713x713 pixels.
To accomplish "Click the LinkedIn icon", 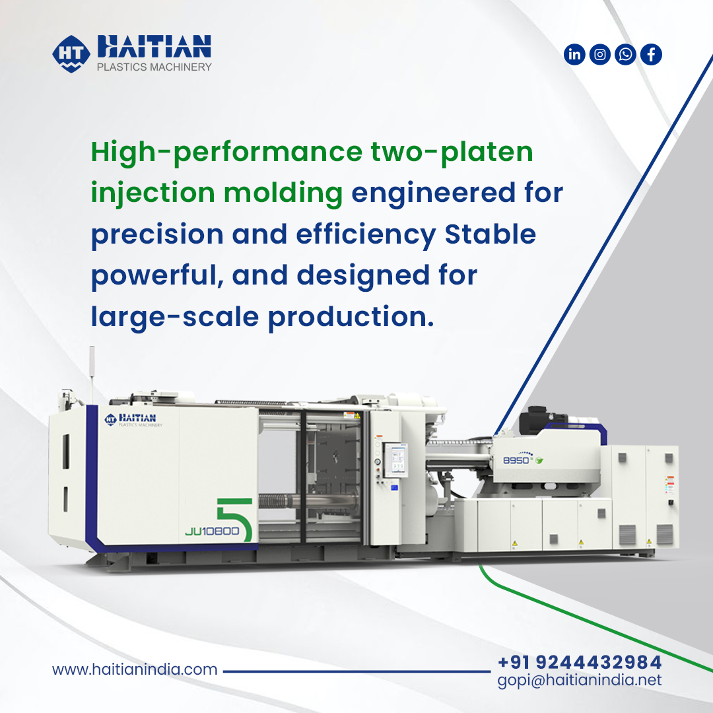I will tap(575, 54).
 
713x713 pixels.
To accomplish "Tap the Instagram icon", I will tap(600, 54).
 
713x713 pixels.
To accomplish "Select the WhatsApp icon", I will tap(625, 54).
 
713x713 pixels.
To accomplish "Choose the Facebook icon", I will tap(651, 54).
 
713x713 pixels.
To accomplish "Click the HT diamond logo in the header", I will tap(71, 53).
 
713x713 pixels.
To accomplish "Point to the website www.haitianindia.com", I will tap(135, 669).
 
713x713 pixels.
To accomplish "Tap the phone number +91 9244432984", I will tap(579, 662).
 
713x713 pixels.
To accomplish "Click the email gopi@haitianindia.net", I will tap(579, 680).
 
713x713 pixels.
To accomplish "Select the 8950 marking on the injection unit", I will tap(516, 460).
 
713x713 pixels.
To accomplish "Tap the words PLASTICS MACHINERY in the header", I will tap(154, 67).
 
